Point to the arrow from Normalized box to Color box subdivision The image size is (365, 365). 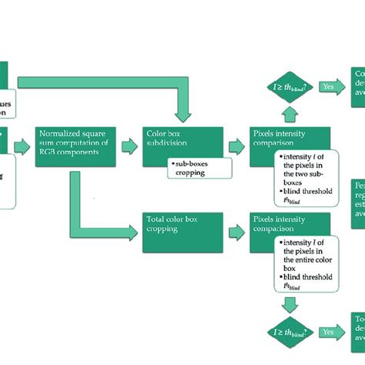[128, 143]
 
